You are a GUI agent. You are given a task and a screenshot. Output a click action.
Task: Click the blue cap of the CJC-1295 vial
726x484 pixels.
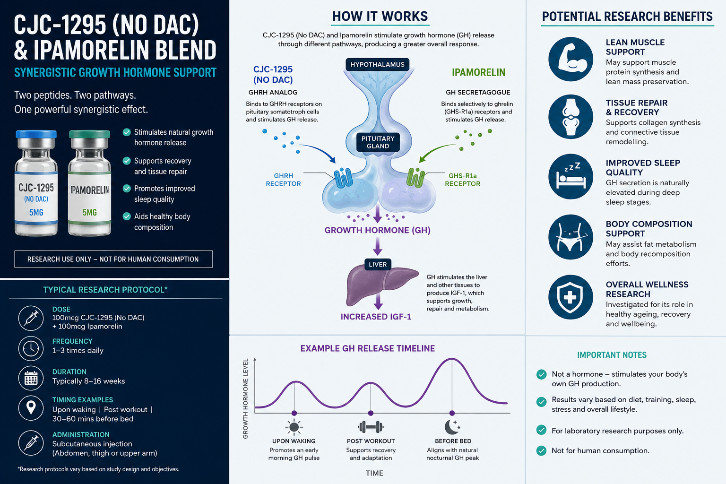coord(36,134)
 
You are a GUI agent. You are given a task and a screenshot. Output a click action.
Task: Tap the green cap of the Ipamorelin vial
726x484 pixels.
coord(89,134)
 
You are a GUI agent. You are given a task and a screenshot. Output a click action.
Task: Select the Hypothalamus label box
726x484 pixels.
coord(377,64)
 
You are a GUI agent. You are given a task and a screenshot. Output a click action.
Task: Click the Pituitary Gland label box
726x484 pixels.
coord(378,142)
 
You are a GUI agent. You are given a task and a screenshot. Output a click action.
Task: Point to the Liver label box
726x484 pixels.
coord(378,264)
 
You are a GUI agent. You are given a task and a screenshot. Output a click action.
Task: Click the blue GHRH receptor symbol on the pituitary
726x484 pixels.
coord(343,178)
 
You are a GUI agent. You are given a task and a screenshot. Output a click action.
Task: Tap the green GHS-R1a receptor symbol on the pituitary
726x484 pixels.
coord(415,178)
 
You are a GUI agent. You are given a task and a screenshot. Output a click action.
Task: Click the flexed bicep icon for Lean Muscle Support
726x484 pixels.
coord(571,60)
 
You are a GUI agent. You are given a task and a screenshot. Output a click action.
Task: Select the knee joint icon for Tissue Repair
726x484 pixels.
coord(571,117)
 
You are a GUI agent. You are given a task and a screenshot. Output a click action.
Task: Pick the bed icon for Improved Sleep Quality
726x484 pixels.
coord(571,177)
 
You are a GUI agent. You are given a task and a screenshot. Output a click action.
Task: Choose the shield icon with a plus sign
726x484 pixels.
coord(571,297)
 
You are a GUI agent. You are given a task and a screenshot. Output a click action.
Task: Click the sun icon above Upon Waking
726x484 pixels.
coord(294,427)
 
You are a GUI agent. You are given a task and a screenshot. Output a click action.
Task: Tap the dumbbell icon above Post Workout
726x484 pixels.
coord(371,427)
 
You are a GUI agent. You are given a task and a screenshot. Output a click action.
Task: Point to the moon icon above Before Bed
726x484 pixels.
coord(452,427)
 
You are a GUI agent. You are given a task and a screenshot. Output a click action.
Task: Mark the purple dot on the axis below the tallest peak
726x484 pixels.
coord(452,413)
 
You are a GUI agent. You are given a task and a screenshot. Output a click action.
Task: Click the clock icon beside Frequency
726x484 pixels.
coord(31,348)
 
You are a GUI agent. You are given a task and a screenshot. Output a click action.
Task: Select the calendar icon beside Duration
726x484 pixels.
coord(31,378)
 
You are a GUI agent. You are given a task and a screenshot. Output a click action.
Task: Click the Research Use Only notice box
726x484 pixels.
coord(113,259)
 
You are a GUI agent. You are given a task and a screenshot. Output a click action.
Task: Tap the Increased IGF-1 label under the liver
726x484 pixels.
coord(376,317)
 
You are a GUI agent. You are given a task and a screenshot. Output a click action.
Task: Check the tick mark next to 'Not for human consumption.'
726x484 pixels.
coord(541,450)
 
